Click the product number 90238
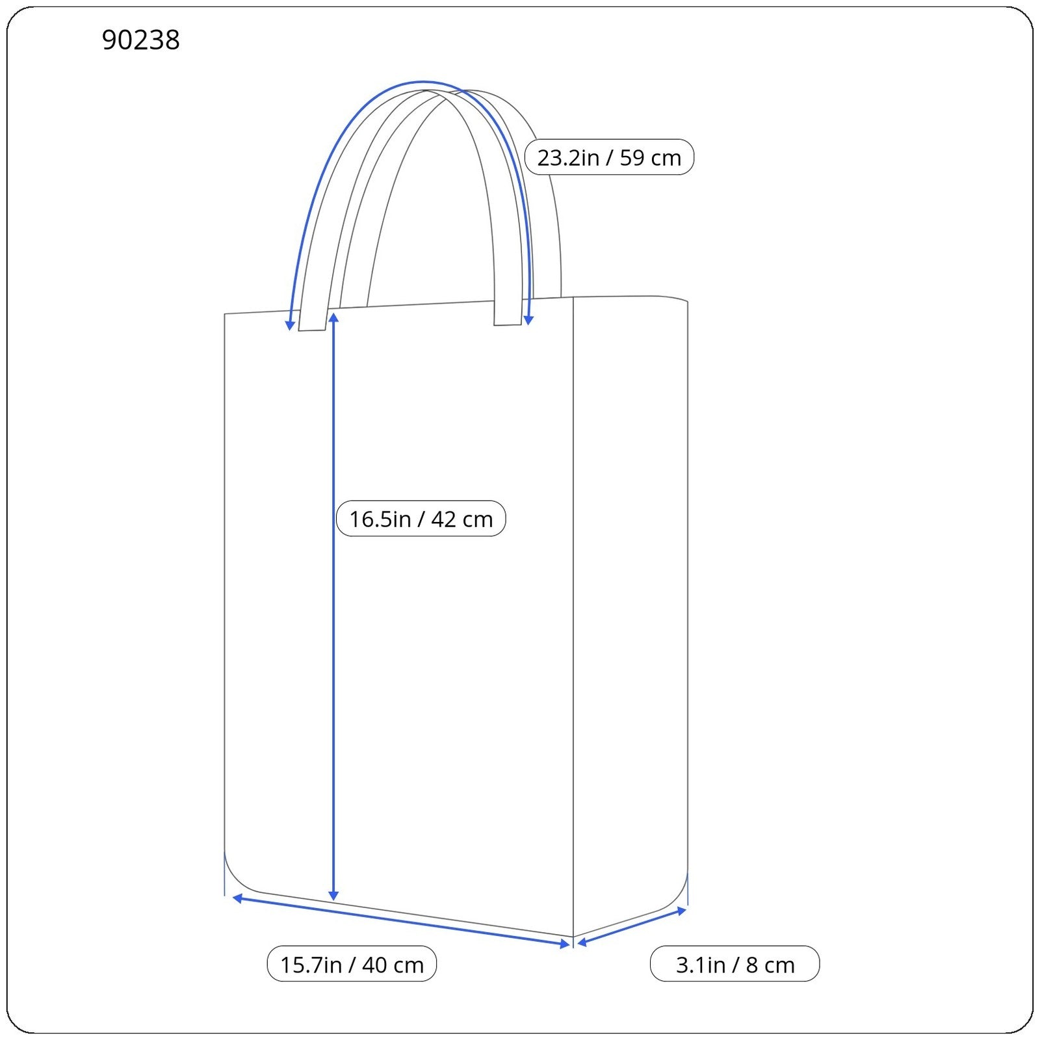point(141,40)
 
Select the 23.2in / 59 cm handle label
point(609,157)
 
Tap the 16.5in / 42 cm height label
point(421,519)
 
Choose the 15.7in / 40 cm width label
point(352,964)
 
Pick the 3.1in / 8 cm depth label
point(734,964)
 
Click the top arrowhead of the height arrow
point(333,317)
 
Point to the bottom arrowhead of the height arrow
point(333,896)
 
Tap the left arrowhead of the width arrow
point(237,898)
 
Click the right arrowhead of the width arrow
point(565,944)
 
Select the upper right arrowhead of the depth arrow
point(682,911)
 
